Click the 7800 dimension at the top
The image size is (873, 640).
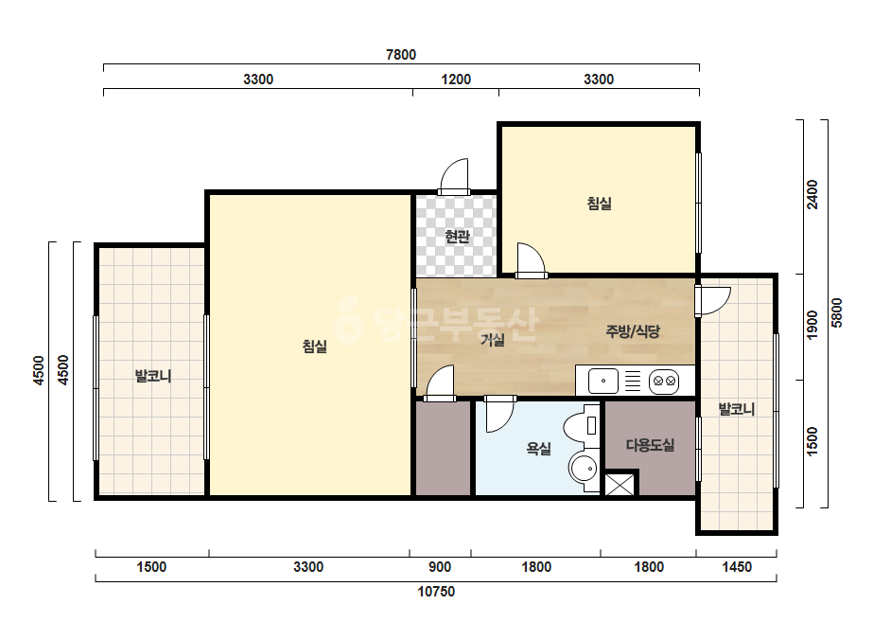(401, 55)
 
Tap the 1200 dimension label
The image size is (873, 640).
(456, 80)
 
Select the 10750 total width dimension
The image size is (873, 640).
(437, 592)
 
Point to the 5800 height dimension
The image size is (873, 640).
(836, 312)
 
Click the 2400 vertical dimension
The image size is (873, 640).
(812, 195)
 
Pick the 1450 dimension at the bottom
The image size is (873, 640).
(737, 567)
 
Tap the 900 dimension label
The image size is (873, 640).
(440, 567)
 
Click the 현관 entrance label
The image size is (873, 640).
(457, 237)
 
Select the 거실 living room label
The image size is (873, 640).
(493, 340)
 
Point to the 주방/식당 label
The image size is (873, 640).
(633, 331)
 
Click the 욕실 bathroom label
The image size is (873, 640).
(538, 448)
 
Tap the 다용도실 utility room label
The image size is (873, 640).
(650, 445)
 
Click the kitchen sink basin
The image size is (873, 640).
(603, 382)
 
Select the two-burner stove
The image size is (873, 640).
(664, 382)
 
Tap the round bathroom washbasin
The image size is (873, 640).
(583, 469)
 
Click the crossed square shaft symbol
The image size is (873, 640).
(620, 485)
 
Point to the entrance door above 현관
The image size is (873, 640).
(454, 177)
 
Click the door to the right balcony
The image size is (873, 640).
(712, 301)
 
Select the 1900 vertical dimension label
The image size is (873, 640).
(812, 325)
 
